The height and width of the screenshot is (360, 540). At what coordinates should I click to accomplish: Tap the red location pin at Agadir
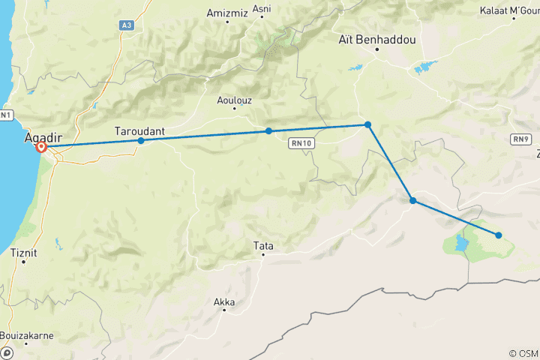[42, 148]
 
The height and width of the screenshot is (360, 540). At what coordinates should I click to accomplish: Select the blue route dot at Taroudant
[141, 140]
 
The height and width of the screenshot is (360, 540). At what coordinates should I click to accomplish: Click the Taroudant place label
[139, 130]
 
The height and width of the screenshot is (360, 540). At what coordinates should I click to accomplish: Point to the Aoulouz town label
[234, 99]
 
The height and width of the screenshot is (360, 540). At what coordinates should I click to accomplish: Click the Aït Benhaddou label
[376, 39]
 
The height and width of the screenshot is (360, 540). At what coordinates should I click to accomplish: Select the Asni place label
[262, 9]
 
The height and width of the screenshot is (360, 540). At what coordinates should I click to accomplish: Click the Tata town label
[262, 244]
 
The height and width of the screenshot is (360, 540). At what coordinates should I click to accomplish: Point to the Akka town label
[224, 303]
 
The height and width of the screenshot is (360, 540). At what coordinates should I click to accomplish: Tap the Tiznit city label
[24, 253]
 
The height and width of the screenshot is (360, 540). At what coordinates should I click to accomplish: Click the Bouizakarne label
[26, 335]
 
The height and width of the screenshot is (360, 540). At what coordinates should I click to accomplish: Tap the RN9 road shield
[521, 139]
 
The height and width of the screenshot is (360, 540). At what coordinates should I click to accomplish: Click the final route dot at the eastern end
[499, 235]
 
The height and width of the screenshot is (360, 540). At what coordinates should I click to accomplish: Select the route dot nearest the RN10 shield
[268, 131]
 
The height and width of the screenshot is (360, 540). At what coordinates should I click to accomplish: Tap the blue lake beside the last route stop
[457, 244]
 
